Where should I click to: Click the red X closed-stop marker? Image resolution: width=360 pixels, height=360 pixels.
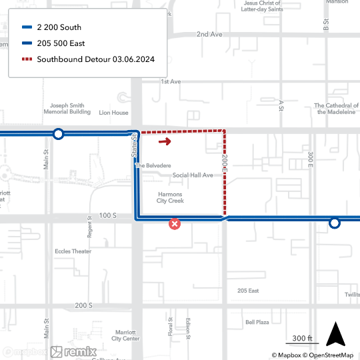[175, 225]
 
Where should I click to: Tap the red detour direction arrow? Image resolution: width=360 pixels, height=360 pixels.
[165, 141]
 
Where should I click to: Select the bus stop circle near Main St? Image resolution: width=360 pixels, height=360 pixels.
[59, 134]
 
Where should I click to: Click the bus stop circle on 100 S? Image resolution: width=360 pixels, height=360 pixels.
[335, 223]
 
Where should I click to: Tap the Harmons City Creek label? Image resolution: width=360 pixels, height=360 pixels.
[170, 197]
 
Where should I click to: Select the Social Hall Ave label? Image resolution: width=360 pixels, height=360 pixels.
[193, 175]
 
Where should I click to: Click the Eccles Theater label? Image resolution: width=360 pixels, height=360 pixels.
[73, 251]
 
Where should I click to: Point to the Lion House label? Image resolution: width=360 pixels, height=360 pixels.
[113, 113]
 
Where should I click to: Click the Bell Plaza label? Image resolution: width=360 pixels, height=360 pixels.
[257, 322]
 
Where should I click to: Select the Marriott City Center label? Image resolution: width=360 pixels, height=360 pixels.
[126, 335]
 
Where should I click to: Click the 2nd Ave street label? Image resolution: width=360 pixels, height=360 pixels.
[209, 34]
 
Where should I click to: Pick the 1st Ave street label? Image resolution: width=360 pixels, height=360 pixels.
[171, 81]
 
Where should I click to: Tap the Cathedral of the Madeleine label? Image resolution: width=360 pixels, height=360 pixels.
[337, 109]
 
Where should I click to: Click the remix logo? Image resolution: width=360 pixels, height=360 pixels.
[74, 351]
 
